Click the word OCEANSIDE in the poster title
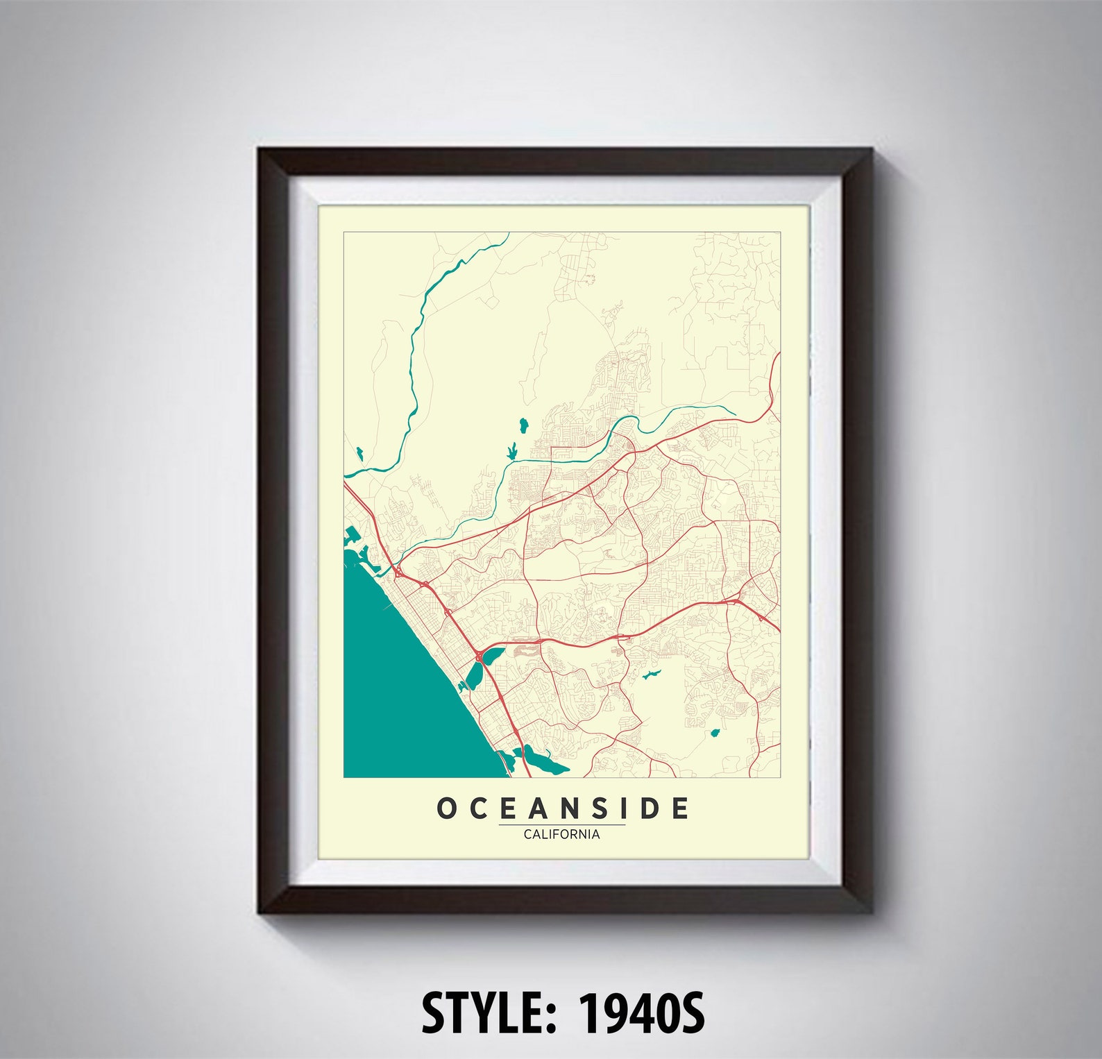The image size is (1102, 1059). pyautogui.click(x=563, y=808)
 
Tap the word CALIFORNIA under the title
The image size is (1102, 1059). pyautogui.click(x=562, y=834)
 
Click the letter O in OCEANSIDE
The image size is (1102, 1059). pyautogui.click(x=446, y=808)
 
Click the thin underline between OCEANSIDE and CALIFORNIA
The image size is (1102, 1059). pyautogui.click(x=562, y=824)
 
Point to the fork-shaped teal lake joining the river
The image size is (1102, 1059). pyautogui.click(x=512, y=452)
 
